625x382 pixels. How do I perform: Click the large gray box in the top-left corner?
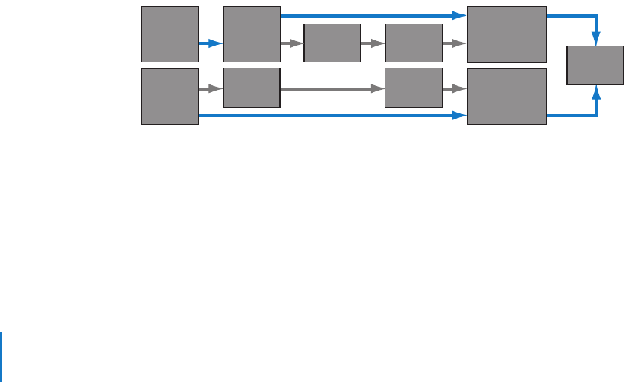tap(170, 34)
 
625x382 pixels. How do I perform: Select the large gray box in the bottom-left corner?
tap(170, 96)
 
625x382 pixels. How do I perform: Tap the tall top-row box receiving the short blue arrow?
tap(251, 34)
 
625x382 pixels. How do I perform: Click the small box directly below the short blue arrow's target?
tap(251, 88)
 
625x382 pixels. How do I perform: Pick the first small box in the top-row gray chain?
tap(332, 43)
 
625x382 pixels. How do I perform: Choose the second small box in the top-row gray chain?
tap(414, 43)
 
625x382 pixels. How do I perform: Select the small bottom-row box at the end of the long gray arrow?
tap(414, 88)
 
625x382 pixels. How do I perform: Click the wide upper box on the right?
tap(506, 34)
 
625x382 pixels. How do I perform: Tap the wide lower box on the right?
tap(506, 96)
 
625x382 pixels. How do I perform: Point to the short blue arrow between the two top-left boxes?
tap(211, 43)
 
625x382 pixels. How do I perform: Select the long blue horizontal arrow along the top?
tap(373, 15)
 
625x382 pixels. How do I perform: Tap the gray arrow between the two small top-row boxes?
tap(373, 43)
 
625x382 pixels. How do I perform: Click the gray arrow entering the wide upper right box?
tap(455, 43)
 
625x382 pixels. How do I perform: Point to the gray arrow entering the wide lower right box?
tap(455, 89)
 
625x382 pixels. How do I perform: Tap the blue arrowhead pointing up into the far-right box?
tap(597, 91)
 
